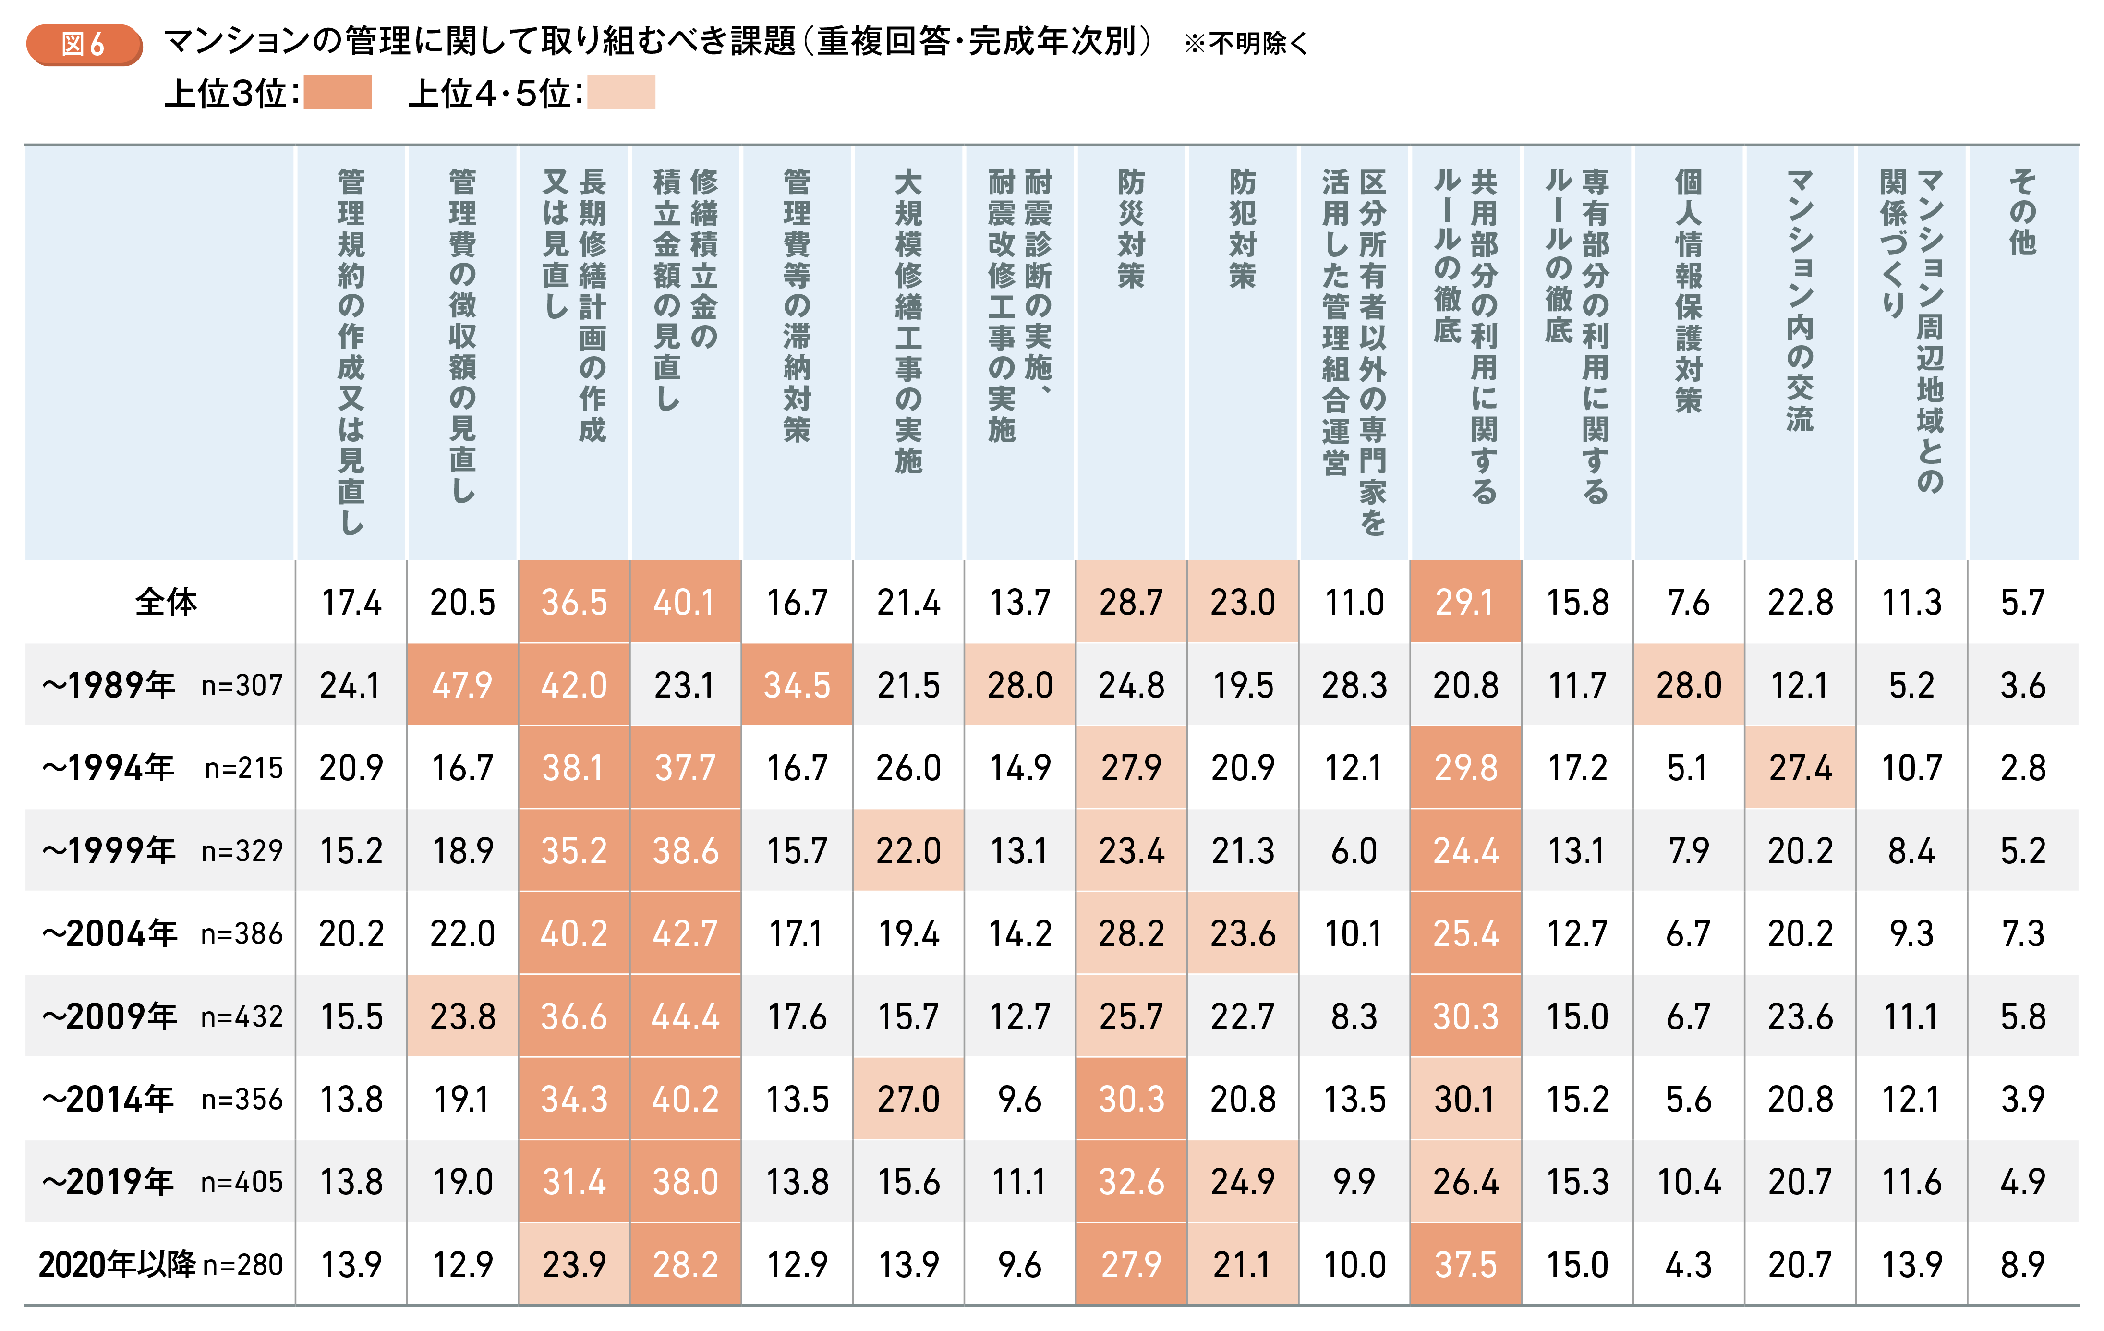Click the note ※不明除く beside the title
[x=1245, y=44]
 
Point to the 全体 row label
[x=166, y=602]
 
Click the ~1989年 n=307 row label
[x=162, y=685]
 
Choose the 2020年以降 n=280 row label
[x=161, y=1265]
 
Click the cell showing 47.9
[x=462, y=685]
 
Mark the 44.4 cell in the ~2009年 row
[x=685, y=1016]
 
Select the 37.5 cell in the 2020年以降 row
[x=1465, y=1265]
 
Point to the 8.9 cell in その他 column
[x=2023, y=1265]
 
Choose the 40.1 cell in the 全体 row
[x=685, y=602]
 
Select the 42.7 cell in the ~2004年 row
[x=685, y=933]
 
